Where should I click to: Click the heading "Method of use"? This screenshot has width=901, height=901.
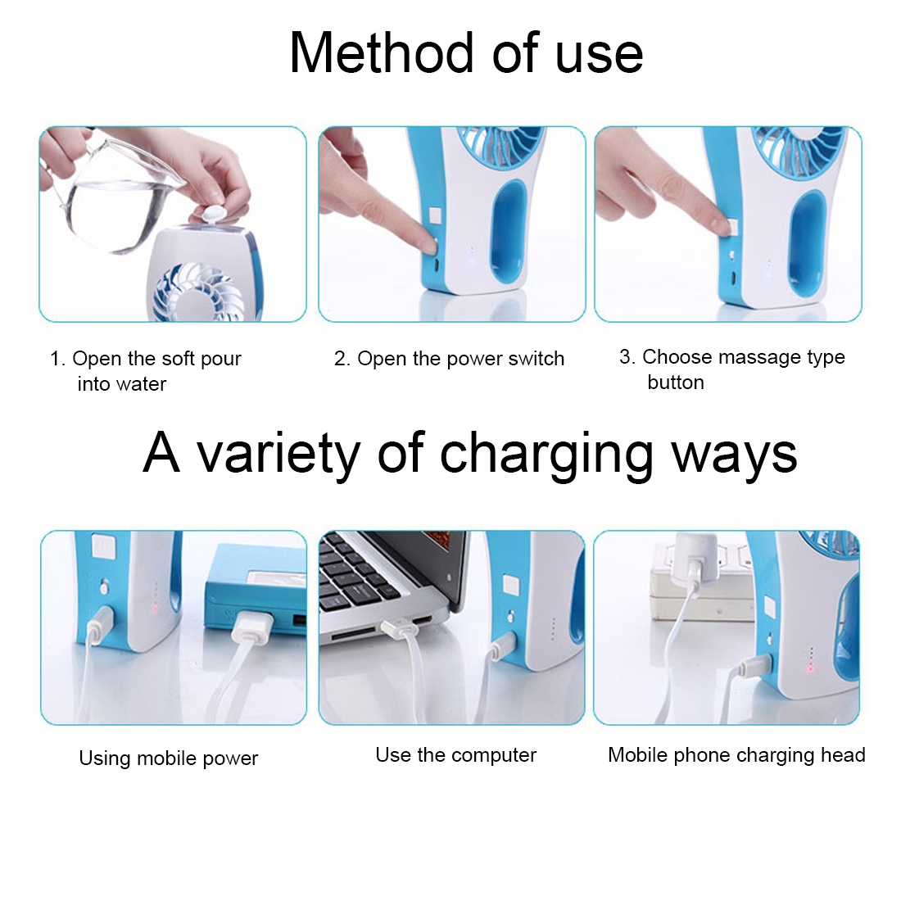click(x=466, y=52)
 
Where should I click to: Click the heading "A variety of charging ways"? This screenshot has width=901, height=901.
click(x=469, y=454)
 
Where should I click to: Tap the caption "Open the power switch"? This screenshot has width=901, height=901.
click(x=461, y=359)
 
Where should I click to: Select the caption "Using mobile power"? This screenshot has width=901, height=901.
click(x=169, y=758)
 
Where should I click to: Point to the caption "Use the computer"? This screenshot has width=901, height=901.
click(x=455, y=754)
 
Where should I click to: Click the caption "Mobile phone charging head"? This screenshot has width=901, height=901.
click(x=736, y=754)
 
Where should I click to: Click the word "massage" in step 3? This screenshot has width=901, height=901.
click(x=759, y=357)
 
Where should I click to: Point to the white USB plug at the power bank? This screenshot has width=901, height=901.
click(x=250, y=628)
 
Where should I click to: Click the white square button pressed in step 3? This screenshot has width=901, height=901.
click(x=733, y=226)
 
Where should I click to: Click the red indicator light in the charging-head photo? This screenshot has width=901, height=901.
click(x=810, y=667)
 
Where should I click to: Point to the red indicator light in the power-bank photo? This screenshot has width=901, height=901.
click(x=154, y=608)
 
